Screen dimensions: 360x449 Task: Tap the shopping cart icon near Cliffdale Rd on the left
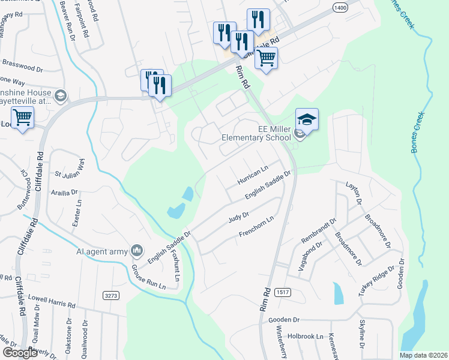22,118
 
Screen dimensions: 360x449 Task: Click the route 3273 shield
110,295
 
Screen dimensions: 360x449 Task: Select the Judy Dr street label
238,216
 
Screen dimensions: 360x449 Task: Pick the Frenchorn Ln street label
256,226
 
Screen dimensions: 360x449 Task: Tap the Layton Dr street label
354,194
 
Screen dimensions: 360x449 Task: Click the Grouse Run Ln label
147,277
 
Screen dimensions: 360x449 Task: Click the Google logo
20,353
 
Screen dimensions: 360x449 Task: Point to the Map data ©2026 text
423,355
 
